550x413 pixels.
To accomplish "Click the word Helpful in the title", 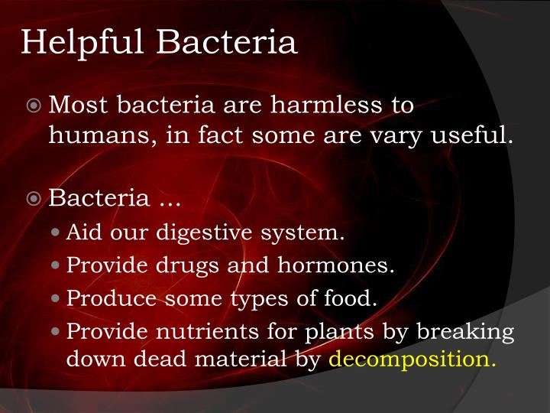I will coord(81,43).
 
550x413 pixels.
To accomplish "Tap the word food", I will coord(356,298).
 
